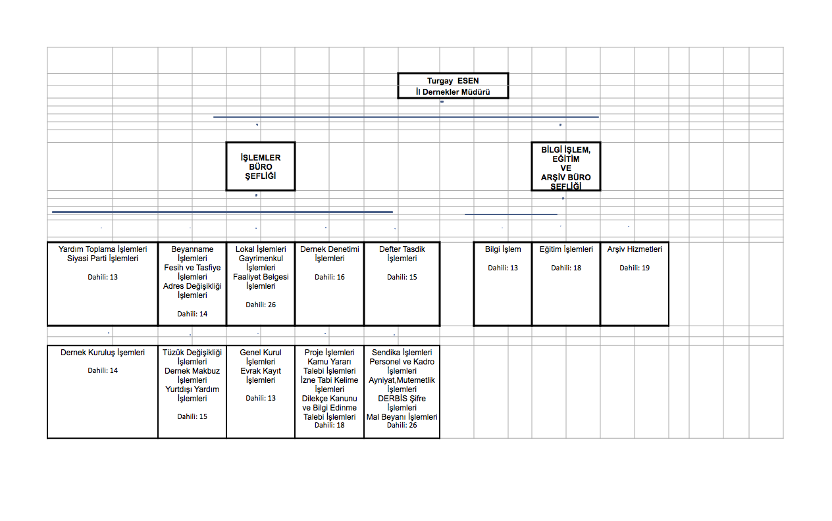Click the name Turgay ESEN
tap(453, 80)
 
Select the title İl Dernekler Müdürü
tap(453, 91)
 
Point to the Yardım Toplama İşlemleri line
tap(103, 249)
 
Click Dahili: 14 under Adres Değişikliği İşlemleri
tap(192, 314)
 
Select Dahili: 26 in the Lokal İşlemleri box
tap(261, 305)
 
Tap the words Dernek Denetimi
tap(330, 249)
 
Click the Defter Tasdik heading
tap(402, 249)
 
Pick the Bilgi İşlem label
tap(503, 249)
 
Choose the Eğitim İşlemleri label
tap(566, 249)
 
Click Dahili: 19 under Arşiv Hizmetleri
tap(635, 268)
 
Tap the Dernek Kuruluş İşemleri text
tap(103, 352)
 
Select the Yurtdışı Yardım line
tap(192, 389)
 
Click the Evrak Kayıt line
tap(261, 371)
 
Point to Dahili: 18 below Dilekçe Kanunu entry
tap(330, 425)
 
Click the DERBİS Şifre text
tap(402, 399)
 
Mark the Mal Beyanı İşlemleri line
tap(402, 416)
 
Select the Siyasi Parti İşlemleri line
tap(103, 259)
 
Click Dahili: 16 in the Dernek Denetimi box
tap(330, 277)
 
